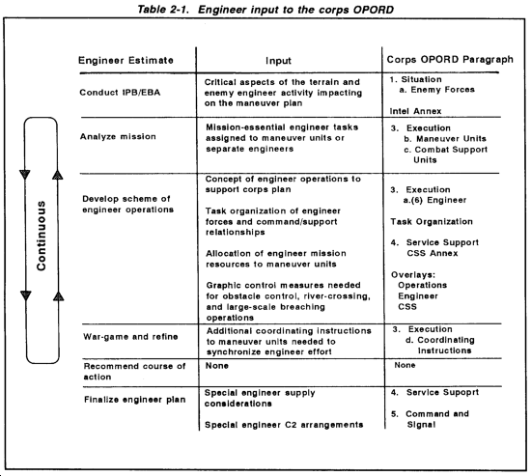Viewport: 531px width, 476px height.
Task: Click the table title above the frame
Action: click(x=265, y=10)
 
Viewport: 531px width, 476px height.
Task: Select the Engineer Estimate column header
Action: click(x=126, y=60)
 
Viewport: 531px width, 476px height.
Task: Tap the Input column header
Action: click(x=278, y=61)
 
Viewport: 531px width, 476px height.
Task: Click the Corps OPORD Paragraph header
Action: click(x=450, y=60)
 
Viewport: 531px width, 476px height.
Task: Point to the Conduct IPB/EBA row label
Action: click(x=120, y=93)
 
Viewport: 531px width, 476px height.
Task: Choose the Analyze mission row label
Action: click(x=118, y=136)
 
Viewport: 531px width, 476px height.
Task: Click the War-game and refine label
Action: click(x=130, y=337)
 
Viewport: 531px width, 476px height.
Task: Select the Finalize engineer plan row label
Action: click(x=135, y=400)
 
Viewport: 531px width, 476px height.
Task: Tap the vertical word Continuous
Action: click(x=41, y=236)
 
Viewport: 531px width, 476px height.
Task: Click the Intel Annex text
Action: click(x=415, y=111)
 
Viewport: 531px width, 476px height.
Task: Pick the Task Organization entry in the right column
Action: click(x=432, y=222)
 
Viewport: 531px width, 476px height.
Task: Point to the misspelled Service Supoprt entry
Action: click(x=434, y=393)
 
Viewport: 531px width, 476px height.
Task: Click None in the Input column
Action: click(x=216, y=366)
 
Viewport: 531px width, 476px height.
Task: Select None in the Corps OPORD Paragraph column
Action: click(x=405, y=365)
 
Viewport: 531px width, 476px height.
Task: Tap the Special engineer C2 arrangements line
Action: click(x=284, y=425)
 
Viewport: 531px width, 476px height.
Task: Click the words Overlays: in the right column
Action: click(x=413, y=275)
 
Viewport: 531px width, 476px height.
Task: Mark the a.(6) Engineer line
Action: click(x=434, y=200)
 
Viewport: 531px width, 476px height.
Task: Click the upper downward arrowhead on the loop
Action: click(x=25, y=175)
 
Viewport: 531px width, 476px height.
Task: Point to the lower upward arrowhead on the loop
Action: click(x=59, y=295)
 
